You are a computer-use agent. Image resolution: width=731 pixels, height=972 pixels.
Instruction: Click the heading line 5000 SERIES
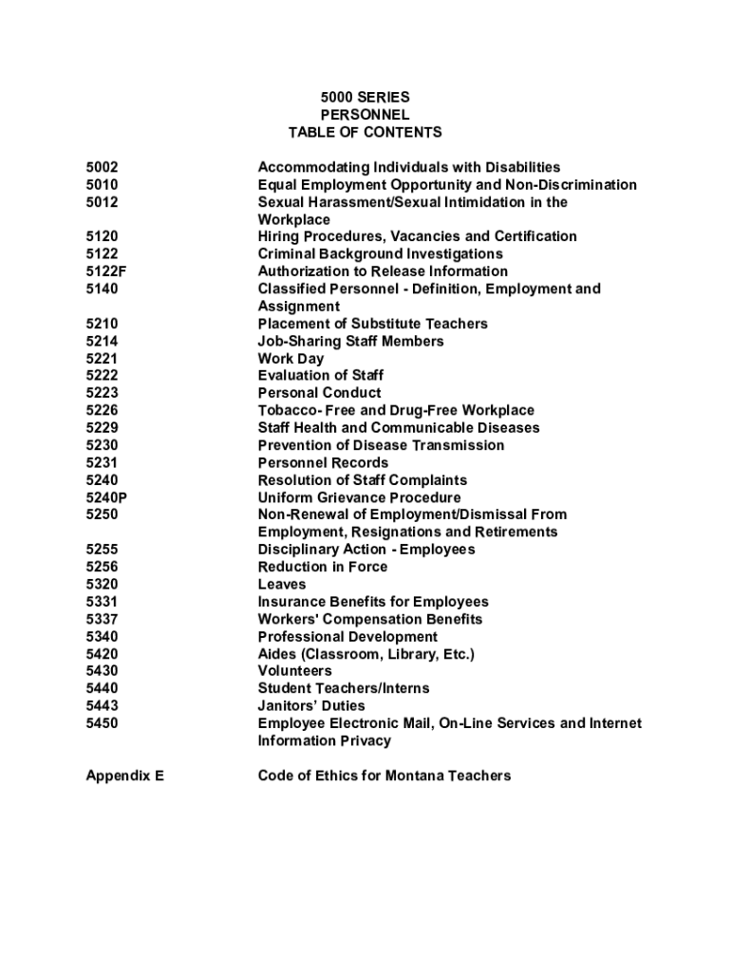[365, 97]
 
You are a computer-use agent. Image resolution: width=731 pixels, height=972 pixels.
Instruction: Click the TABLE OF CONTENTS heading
[365, 132]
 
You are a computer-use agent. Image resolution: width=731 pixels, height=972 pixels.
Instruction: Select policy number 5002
[102, 167]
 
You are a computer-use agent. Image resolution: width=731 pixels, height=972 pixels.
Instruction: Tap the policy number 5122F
[106, 271]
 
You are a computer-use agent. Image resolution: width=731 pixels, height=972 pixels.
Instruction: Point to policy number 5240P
[106, 497]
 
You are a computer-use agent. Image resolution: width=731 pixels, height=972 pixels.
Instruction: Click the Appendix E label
[124, 776]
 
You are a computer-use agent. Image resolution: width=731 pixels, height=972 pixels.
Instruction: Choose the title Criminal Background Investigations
[381, 254]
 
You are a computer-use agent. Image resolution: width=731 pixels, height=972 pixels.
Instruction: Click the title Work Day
[291, 359]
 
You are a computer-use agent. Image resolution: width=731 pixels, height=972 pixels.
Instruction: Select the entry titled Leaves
[282, 585]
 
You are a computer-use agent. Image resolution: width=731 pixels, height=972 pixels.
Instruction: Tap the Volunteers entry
[295, 671]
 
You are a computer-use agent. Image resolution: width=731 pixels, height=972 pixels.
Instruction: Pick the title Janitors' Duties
[311, 706]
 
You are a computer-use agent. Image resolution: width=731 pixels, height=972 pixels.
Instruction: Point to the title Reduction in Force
[323, 567]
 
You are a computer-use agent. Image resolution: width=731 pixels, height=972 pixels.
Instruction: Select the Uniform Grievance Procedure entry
[360, 497]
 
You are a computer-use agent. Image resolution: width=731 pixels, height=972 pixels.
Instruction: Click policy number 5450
[102, 723]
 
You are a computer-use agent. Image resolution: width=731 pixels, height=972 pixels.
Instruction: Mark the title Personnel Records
[323, 463]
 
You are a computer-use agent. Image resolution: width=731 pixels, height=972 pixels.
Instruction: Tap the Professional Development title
[347, 637]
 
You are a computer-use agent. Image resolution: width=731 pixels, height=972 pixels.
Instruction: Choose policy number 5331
[102, 602]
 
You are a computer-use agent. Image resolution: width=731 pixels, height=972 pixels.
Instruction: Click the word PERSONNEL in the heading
[365, 115]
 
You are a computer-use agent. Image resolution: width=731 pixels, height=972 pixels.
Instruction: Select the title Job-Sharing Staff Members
[351, 341]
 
